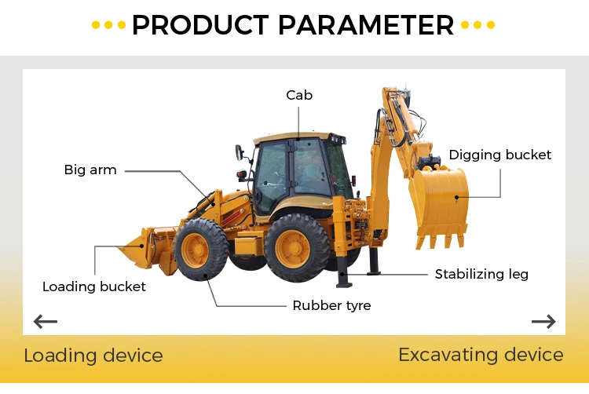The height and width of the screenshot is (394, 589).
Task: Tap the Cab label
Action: coord(298,95)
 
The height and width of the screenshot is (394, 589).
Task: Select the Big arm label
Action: coord(90,170)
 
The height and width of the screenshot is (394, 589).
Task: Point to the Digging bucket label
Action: coord(500,155)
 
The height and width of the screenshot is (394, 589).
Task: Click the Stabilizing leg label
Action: coord(481,274)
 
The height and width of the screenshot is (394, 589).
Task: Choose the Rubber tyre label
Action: coord(331,305)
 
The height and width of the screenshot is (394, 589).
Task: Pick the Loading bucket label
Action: coord(94,286)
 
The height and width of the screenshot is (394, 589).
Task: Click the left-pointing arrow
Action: coord(46,321)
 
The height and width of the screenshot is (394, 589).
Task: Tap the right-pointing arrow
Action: coord(543,321)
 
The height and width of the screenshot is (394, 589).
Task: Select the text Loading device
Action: coord(93,356)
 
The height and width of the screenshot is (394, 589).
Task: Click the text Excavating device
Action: coord(481,355)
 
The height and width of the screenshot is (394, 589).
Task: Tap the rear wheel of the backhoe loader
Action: coord(296,248)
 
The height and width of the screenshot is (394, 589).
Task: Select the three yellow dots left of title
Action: coord(108,25)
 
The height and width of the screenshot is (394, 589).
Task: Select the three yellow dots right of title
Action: coord(478,25)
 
